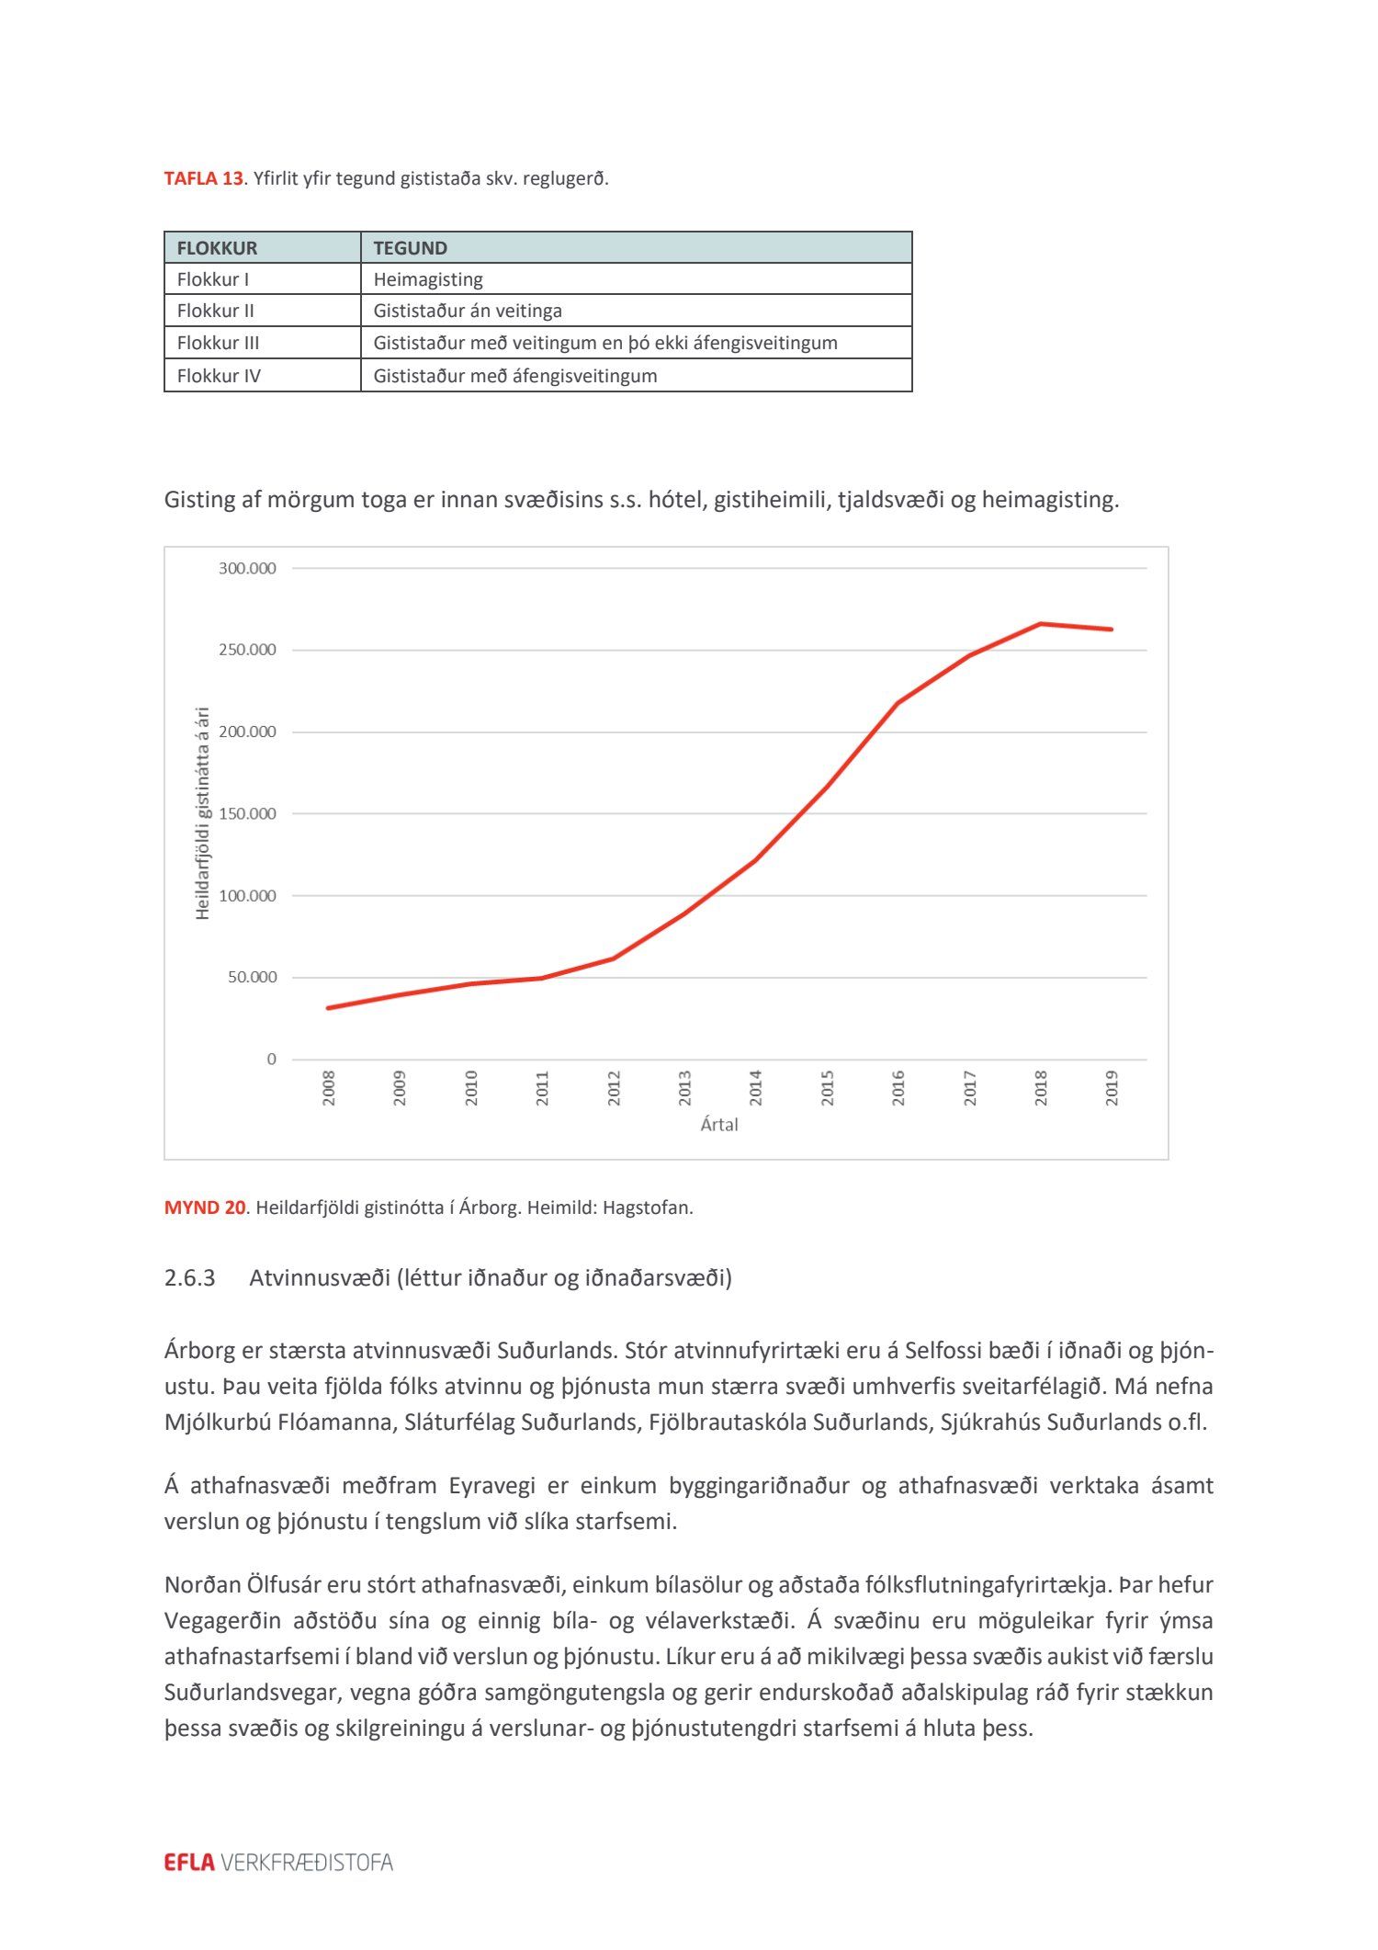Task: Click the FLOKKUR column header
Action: click(217, 248)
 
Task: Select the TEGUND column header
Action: click(410, 248)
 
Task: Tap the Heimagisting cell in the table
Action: click(427, 279)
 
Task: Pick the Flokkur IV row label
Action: click(219, 376)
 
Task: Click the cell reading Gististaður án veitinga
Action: click(467, 311)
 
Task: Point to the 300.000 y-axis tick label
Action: click(247, 569)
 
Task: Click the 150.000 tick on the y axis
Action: click(247, 814)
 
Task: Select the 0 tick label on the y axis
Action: click(271, 1060)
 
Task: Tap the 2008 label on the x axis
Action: click(329, 1088)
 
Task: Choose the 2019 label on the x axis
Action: click(1112, 1088)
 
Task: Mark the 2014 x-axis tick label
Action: click(756, 1088)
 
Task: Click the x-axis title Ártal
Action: click(719, 1125)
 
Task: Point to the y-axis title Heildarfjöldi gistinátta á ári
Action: click(203, 813)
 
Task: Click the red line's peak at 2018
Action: click(1040, 624)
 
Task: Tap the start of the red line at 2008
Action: click(329, 1008)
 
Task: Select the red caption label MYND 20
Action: click(204, 1207)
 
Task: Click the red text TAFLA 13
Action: click(203, 178)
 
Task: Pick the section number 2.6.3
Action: click(189, 1278)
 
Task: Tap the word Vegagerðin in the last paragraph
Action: click(222, 1621)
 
